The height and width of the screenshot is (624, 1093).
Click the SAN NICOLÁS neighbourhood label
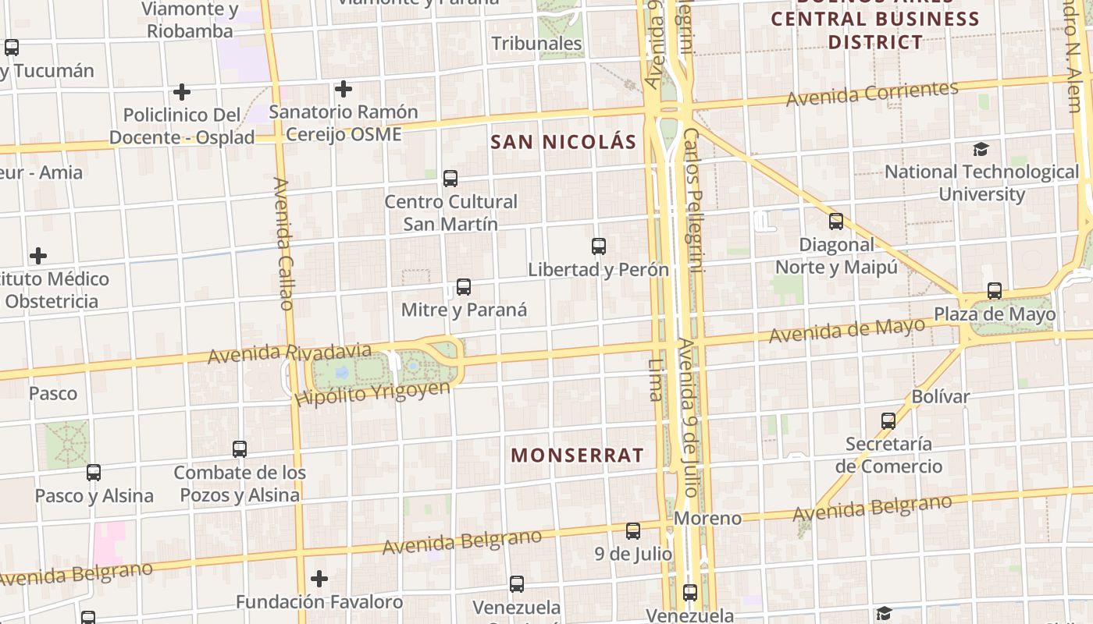(x=563, y=142)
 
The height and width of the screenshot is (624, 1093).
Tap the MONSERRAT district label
(x=577, y=456)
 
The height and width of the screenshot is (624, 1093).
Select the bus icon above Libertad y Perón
(x=599, y=246)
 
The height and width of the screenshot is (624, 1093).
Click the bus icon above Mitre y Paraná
(x=464, y=287)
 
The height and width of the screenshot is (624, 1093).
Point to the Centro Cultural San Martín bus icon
(x=450, y=179)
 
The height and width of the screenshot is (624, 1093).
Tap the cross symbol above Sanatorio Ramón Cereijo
(x=343, y=90)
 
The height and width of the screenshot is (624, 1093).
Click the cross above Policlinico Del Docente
(x=182, y=92)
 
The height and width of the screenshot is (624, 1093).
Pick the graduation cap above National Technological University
(x=981, y=149)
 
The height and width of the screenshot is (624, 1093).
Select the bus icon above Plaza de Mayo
(x=995, y=292)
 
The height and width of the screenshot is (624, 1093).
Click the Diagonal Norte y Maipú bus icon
(x=836, y=222)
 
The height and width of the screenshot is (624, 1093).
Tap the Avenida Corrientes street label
(x=872, y=94)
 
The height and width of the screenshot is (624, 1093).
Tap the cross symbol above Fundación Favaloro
(x=319, y=579)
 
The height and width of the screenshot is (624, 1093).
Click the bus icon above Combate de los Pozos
(x=240, y=449)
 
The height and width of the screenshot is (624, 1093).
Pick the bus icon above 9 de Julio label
(x=633, y=531)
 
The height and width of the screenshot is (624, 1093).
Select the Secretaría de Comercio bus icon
(x=888, y=421)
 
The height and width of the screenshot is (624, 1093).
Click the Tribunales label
(x=537, y=44)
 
